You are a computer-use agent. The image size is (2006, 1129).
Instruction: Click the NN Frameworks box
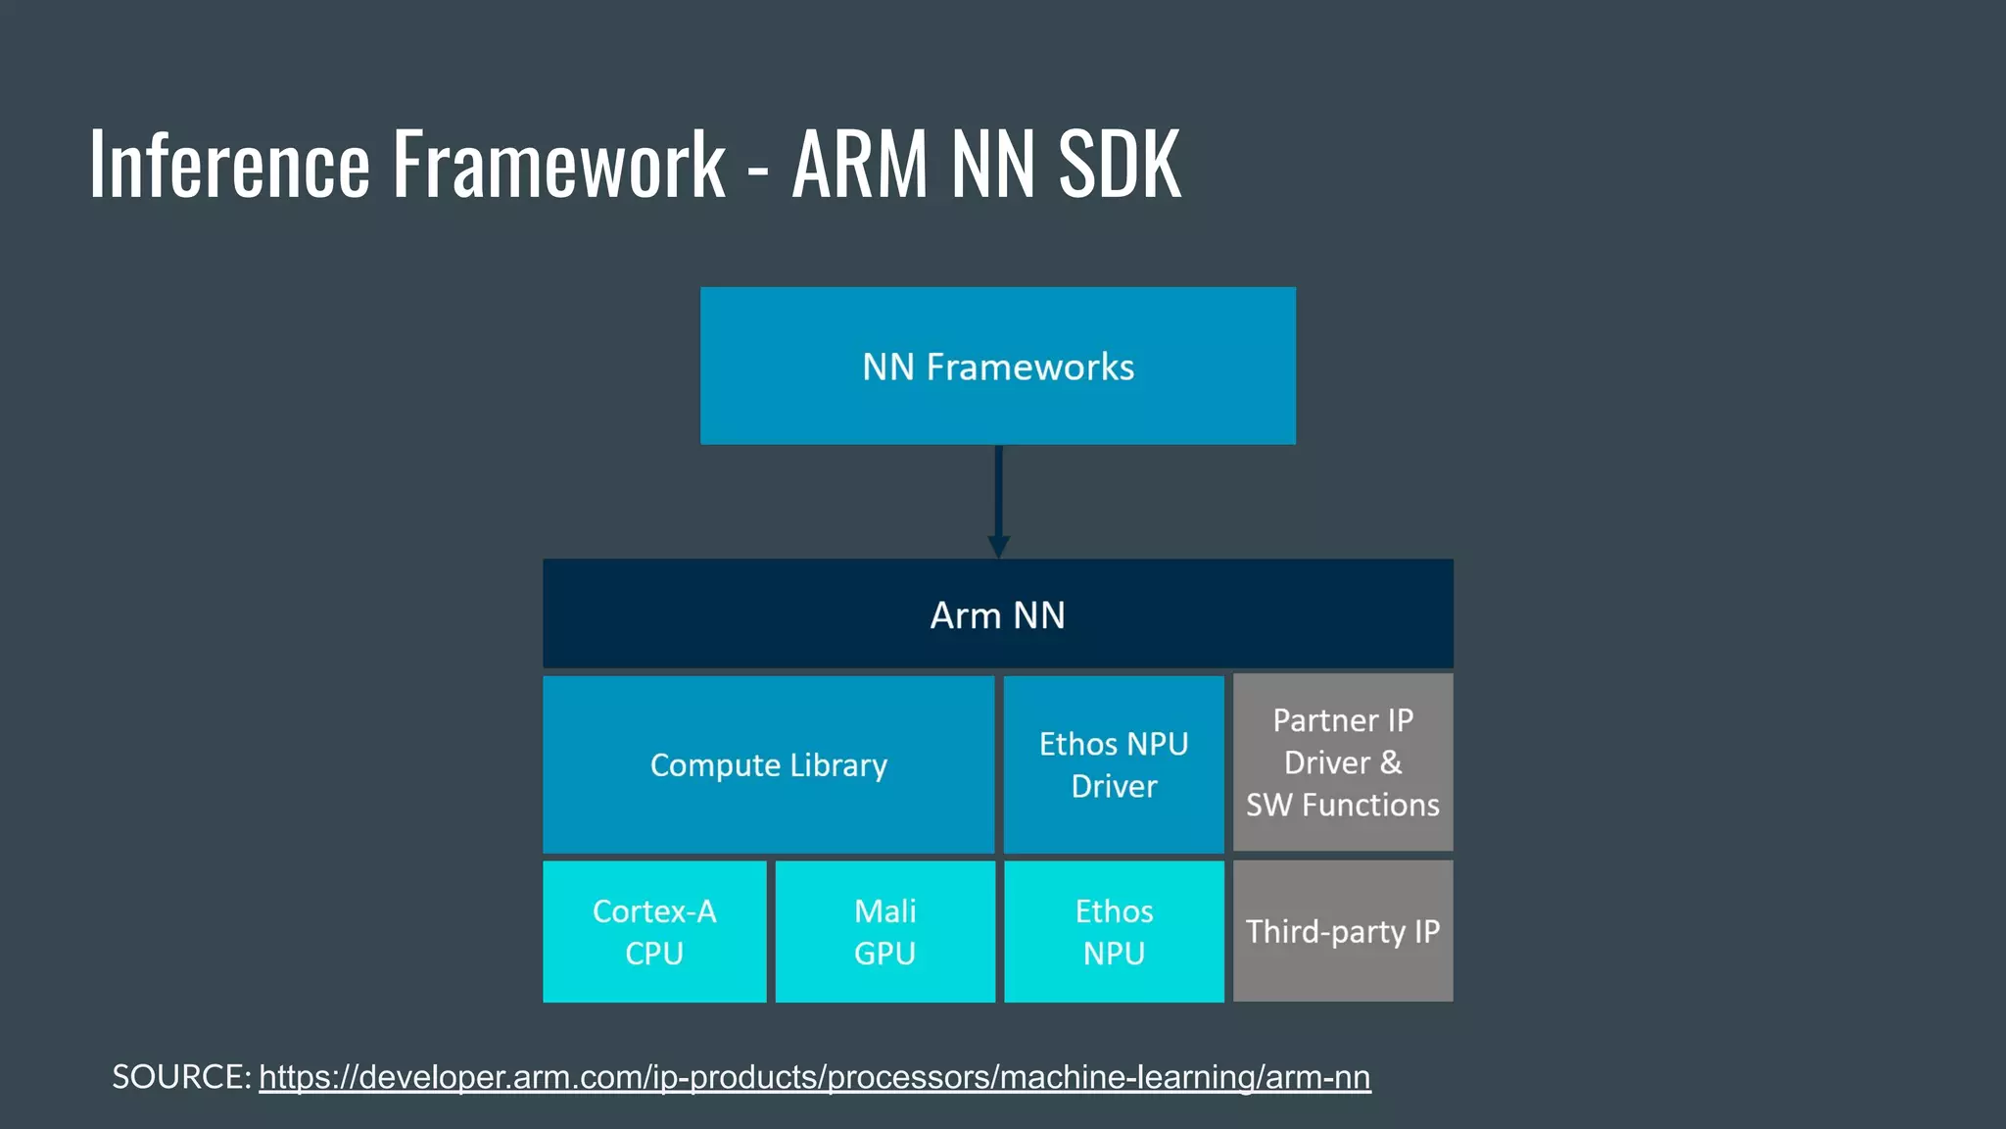coord(997,366)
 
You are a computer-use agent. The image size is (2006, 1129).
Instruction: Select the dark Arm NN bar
coord(997,614)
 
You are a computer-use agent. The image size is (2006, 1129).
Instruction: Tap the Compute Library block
coord(768,764)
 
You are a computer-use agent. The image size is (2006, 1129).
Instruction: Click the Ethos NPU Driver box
coord(1114,764)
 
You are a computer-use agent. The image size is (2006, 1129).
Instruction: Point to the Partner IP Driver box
coord(1342,761)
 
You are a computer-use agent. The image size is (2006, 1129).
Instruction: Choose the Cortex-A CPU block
coord(654,931)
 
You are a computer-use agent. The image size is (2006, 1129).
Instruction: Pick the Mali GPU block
coord(884,931)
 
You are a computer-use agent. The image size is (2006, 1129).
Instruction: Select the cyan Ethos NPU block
coord(1114,931)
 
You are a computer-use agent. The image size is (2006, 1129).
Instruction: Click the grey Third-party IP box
coord(1342,931)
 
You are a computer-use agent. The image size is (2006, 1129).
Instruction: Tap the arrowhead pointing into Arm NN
coord(998,547)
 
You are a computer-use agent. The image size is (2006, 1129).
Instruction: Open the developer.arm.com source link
coord(814,1077)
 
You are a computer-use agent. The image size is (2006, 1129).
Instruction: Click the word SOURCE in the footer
coord(179,1077)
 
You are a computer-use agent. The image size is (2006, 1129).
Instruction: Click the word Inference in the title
coord(229,164)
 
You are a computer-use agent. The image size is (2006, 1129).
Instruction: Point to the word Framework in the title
coord(558,164)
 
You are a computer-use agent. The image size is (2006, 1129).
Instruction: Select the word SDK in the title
coord(1120,164)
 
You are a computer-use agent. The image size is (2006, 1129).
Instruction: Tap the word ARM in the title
coord(859,164)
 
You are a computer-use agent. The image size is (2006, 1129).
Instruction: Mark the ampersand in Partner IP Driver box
coord(1391,762)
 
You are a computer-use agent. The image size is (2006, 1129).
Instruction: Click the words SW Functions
coord(1342,805)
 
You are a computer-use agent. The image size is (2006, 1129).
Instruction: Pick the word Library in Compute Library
coord(838,764)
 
